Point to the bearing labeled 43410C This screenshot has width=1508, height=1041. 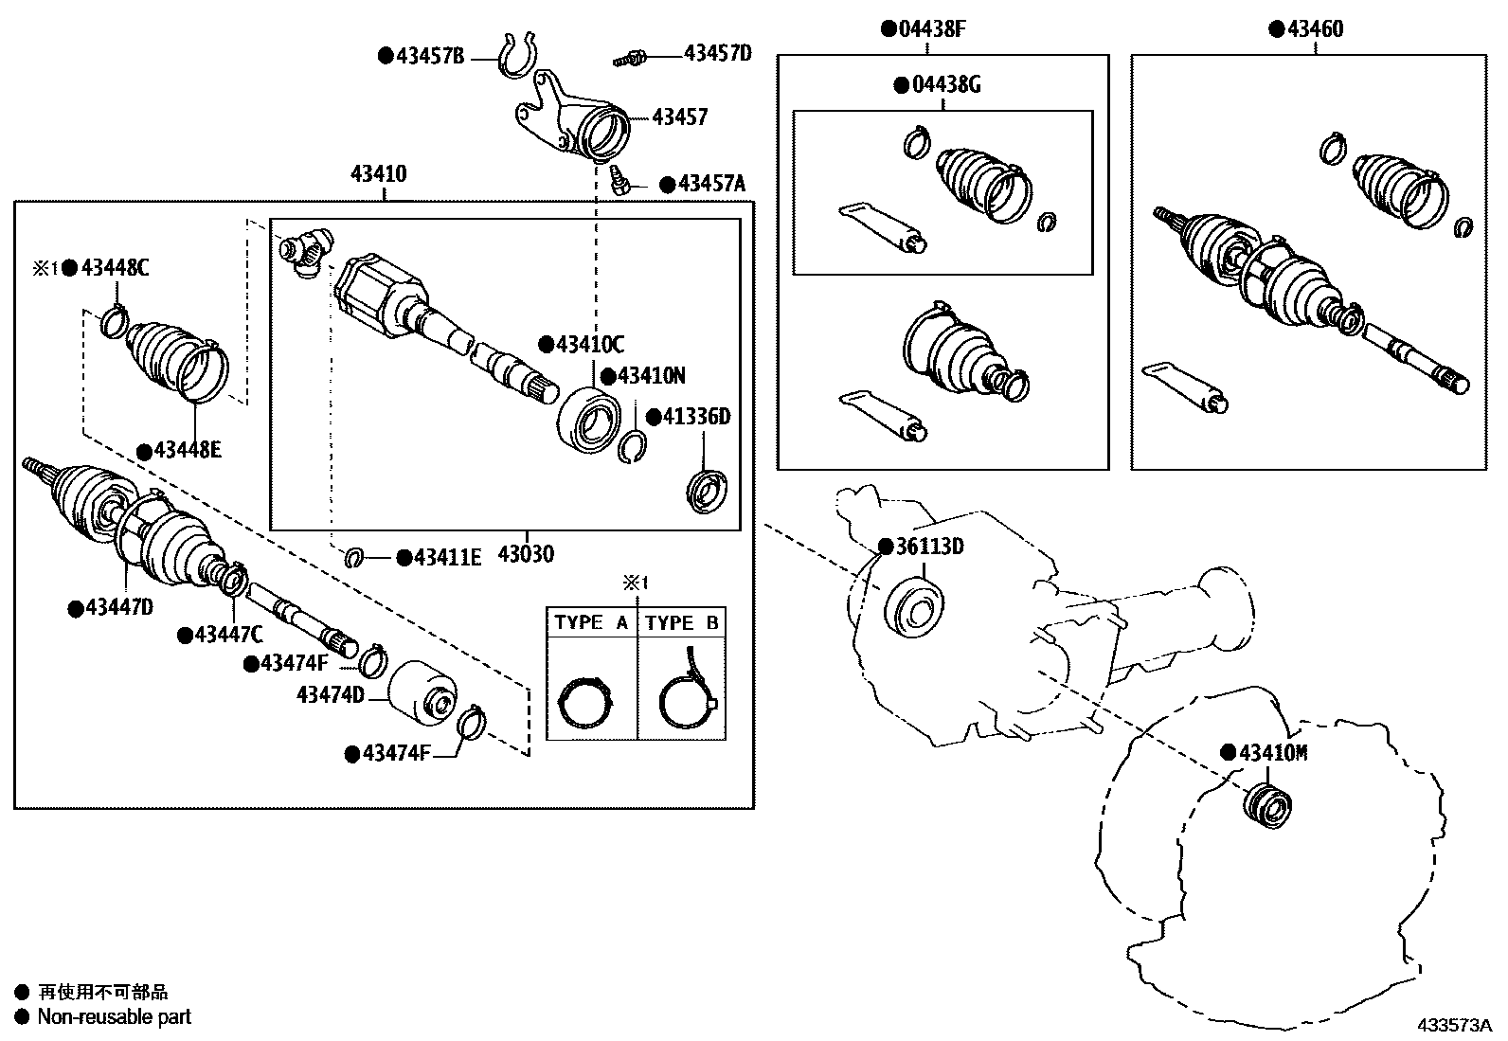tap(588, 417)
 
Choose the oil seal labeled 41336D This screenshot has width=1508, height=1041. tap(706, 492)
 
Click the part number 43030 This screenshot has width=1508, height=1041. tap(526, 554)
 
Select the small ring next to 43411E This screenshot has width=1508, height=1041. tap(354, 557)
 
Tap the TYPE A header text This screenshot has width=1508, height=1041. tap(591, 622)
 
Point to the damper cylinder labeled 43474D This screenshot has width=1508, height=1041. tap(422, 694)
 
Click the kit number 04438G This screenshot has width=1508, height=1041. tap(945, 85)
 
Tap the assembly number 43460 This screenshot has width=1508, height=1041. tap(1314, 29)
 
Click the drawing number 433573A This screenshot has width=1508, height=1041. tap(1454, 1025)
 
